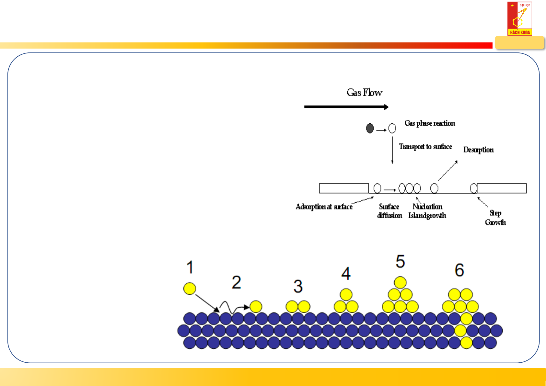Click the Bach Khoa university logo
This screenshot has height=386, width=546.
(519, 18)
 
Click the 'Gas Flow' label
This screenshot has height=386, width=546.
(365, 93)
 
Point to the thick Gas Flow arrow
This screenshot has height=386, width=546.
(346, 107)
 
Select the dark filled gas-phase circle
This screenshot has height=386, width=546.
(370, 129)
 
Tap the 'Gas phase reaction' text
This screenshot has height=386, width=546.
(430, 123)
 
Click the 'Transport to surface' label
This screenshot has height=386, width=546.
(425, 147)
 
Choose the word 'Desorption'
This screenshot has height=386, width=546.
(478, 150)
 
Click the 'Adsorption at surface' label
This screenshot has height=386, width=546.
(324, 207)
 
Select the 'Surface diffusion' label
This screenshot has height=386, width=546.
(389, 211)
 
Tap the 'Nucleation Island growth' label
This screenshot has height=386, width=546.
(427, 211)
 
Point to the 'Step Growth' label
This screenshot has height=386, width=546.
(495, 218)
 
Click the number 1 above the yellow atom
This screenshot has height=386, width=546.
(190, 267)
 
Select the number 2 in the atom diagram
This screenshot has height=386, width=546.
(237, 282)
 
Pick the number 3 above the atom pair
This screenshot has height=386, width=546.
(298, 286)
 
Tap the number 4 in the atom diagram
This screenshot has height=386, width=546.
(346, 274)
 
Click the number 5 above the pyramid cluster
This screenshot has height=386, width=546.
(401, 261)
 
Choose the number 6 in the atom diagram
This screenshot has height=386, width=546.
(459, 270)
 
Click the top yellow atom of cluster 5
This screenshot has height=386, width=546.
(401, 282)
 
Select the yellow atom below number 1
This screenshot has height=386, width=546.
(190, 289)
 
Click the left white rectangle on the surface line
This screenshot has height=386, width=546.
(344, 188)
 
